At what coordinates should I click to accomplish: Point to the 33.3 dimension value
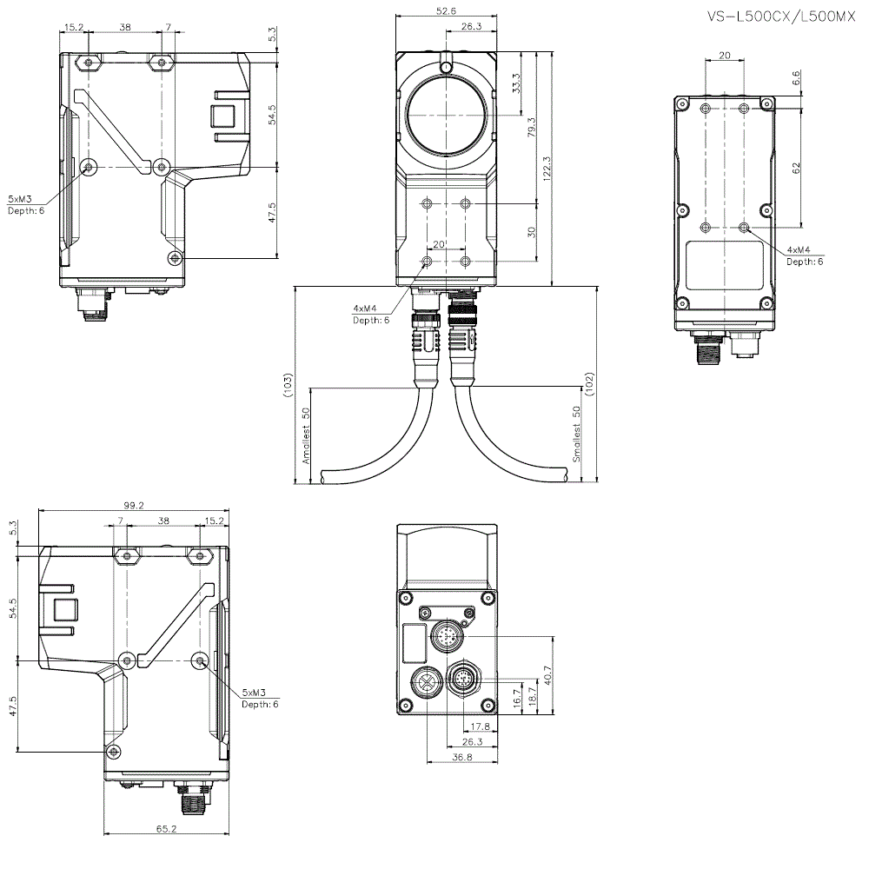pyautogui.click(x=517, y=83)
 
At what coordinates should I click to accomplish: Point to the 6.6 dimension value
pyautogui.click(x=797, y=79)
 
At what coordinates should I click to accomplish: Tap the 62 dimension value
pyautogui.click(x=797, y=167)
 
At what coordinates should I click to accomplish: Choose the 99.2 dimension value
pyautogui.click(x=134, y=505)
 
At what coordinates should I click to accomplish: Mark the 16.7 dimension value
pyautogui.click(x=518, y=696)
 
